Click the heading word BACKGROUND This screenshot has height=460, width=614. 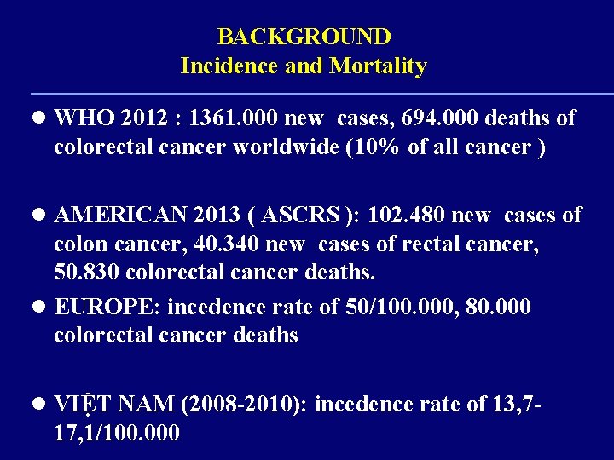pos(304,37)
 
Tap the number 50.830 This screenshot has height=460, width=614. pos(83,273)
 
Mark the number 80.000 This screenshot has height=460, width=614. pos(500,306)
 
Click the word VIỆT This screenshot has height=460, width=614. pos(81,404)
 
